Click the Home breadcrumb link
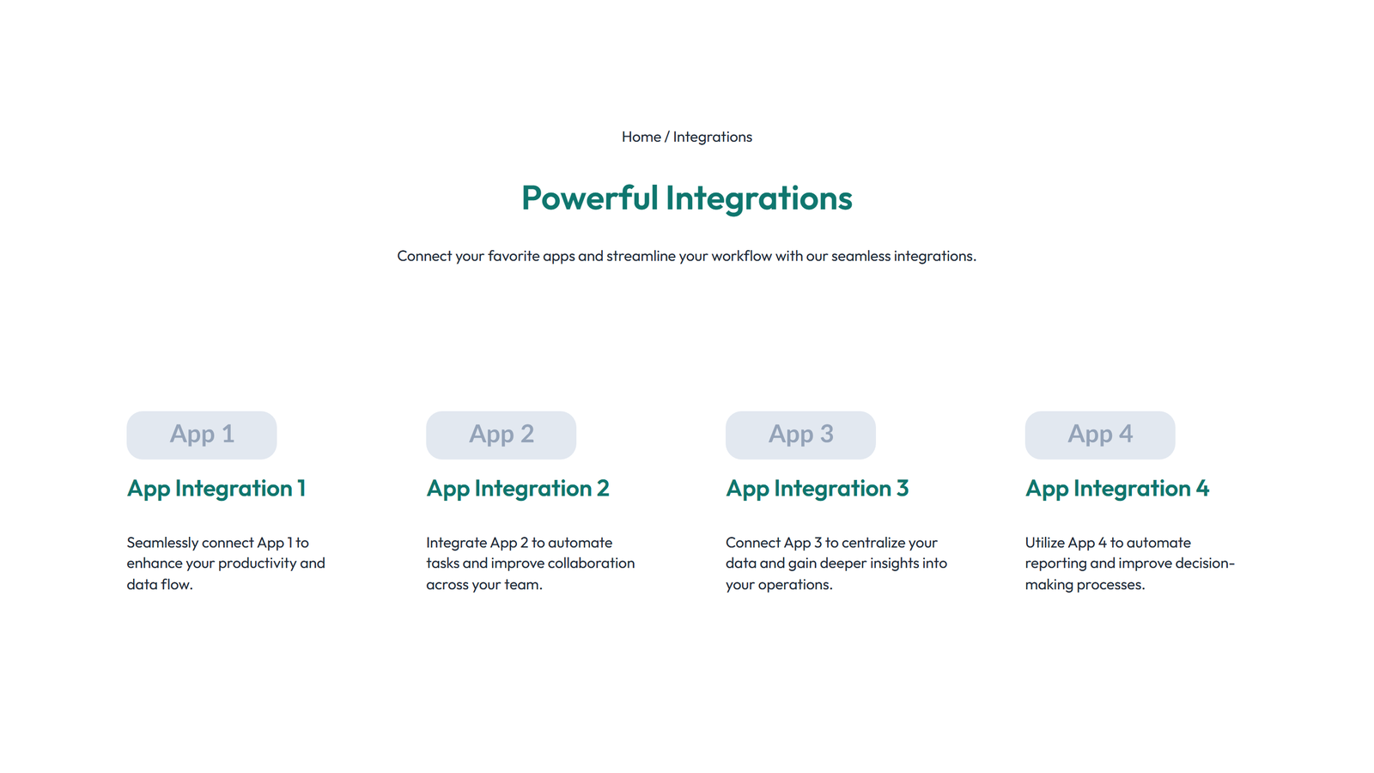(x=641, y=137)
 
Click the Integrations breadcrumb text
(x=712, y=137)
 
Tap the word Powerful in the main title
(x=589, y=198)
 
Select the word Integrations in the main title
(x=758, y=198)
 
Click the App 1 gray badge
(x=202, y=435)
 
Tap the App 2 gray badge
(x=501, y=435)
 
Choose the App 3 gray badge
(x=800, y=435)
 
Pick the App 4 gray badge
(x=1099, y=435)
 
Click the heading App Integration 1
(x=216, y=489)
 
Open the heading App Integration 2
(x=518, y=489)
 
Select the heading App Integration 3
(x=817, y=489)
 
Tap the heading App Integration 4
(x=1116, y=489)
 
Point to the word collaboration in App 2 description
(x=592, y=563)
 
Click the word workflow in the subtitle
(x=741, y=256)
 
